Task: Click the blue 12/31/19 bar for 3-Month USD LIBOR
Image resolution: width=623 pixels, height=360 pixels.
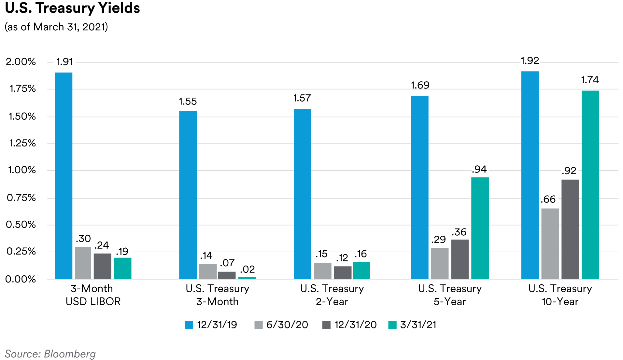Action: point(64,176)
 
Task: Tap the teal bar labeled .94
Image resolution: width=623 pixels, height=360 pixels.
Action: point(480,228)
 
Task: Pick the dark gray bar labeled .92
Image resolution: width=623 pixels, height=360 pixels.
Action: point(570,229)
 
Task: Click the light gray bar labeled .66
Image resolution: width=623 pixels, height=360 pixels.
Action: point(550,244)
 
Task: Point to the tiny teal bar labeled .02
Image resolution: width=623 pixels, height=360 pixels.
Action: point(247,278)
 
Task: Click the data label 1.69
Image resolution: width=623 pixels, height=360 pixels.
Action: point(420,85)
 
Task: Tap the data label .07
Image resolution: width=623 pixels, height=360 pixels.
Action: point(227,263)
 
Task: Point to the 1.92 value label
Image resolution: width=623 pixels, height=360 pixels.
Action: point(530,61)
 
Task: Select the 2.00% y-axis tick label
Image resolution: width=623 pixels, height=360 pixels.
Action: point(21,62)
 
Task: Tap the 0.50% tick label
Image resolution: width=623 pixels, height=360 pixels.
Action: point(21,225)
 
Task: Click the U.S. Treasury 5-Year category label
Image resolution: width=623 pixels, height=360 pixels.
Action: point(450,295)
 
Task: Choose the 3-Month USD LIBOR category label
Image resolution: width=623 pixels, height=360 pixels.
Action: point(93,295)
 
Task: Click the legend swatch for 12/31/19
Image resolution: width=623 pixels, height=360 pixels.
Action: point(189,325)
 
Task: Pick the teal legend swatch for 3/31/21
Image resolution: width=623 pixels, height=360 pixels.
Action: point(392,325)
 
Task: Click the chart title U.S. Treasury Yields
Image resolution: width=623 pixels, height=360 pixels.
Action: point(73,8)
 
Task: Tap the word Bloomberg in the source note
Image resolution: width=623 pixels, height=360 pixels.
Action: point(70,354)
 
